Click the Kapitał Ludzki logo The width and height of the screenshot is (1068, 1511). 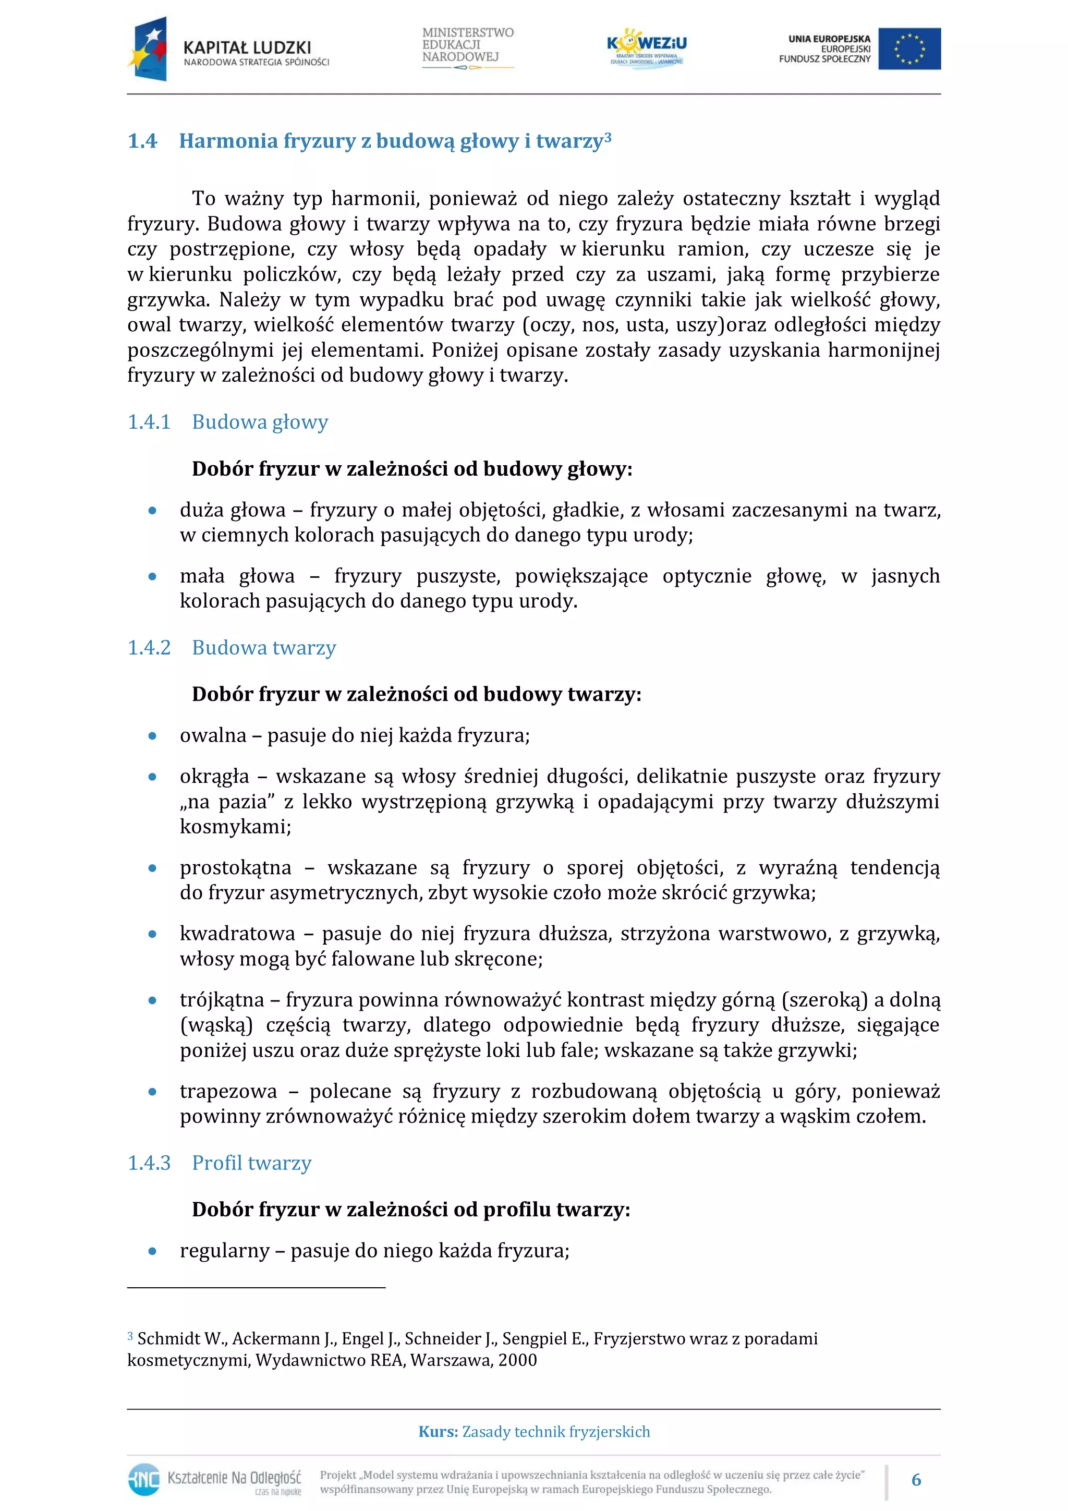228,50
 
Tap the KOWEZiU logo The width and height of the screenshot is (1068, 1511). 646,47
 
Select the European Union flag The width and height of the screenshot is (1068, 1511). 909,49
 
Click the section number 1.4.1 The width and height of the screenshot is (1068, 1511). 149,422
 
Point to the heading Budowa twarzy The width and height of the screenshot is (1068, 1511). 264,648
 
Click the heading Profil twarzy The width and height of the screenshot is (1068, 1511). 251,1163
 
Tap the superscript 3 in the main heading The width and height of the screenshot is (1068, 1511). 608,136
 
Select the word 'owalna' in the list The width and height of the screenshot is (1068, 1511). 213,735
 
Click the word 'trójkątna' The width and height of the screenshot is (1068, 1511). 222,1000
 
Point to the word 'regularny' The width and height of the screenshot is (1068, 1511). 224,1250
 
